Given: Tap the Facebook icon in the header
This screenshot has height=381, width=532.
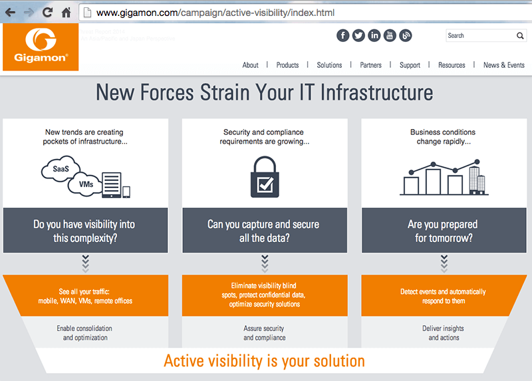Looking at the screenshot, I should pos(342,36).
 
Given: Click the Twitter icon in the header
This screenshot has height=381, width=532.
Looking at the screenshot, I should pos(358,36).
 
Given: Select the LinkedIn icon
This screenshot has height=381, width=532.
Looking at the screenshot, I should pos(374,36).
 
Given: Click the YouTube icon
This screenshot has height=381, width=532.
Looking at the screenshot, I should pos(390,36).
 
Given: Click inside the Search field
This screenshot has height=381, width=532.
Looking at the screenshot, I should pos(479,36).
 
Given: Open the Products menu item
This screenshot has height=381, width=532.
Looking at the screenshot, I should pos(287,65).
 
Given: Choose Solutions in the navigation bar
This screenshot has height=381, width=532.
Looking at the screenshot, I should pos(329,65).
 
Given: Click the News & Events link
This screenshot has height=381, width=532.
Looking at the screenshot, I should pos(503,65).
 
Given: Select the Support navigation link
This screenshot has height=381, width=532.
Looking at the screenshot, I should pos(410,65).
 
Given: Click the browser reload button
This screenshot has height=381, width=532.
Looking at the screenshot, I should pos(47,13).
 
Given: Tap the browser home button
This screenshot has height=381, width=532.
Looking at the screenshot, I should pos(66,13).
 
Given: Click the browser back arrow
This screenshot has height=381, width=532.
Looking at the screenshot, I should pos(10,13).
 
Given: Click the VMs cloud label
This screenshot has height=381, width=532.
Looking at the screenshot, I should pos(86,184).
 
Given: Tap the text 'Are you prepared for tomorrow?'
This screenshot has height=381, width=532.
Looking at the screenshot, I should pos(443,231).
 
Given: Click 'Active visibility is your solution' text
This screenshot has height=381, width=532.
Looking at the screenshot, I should pos(264,361).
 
